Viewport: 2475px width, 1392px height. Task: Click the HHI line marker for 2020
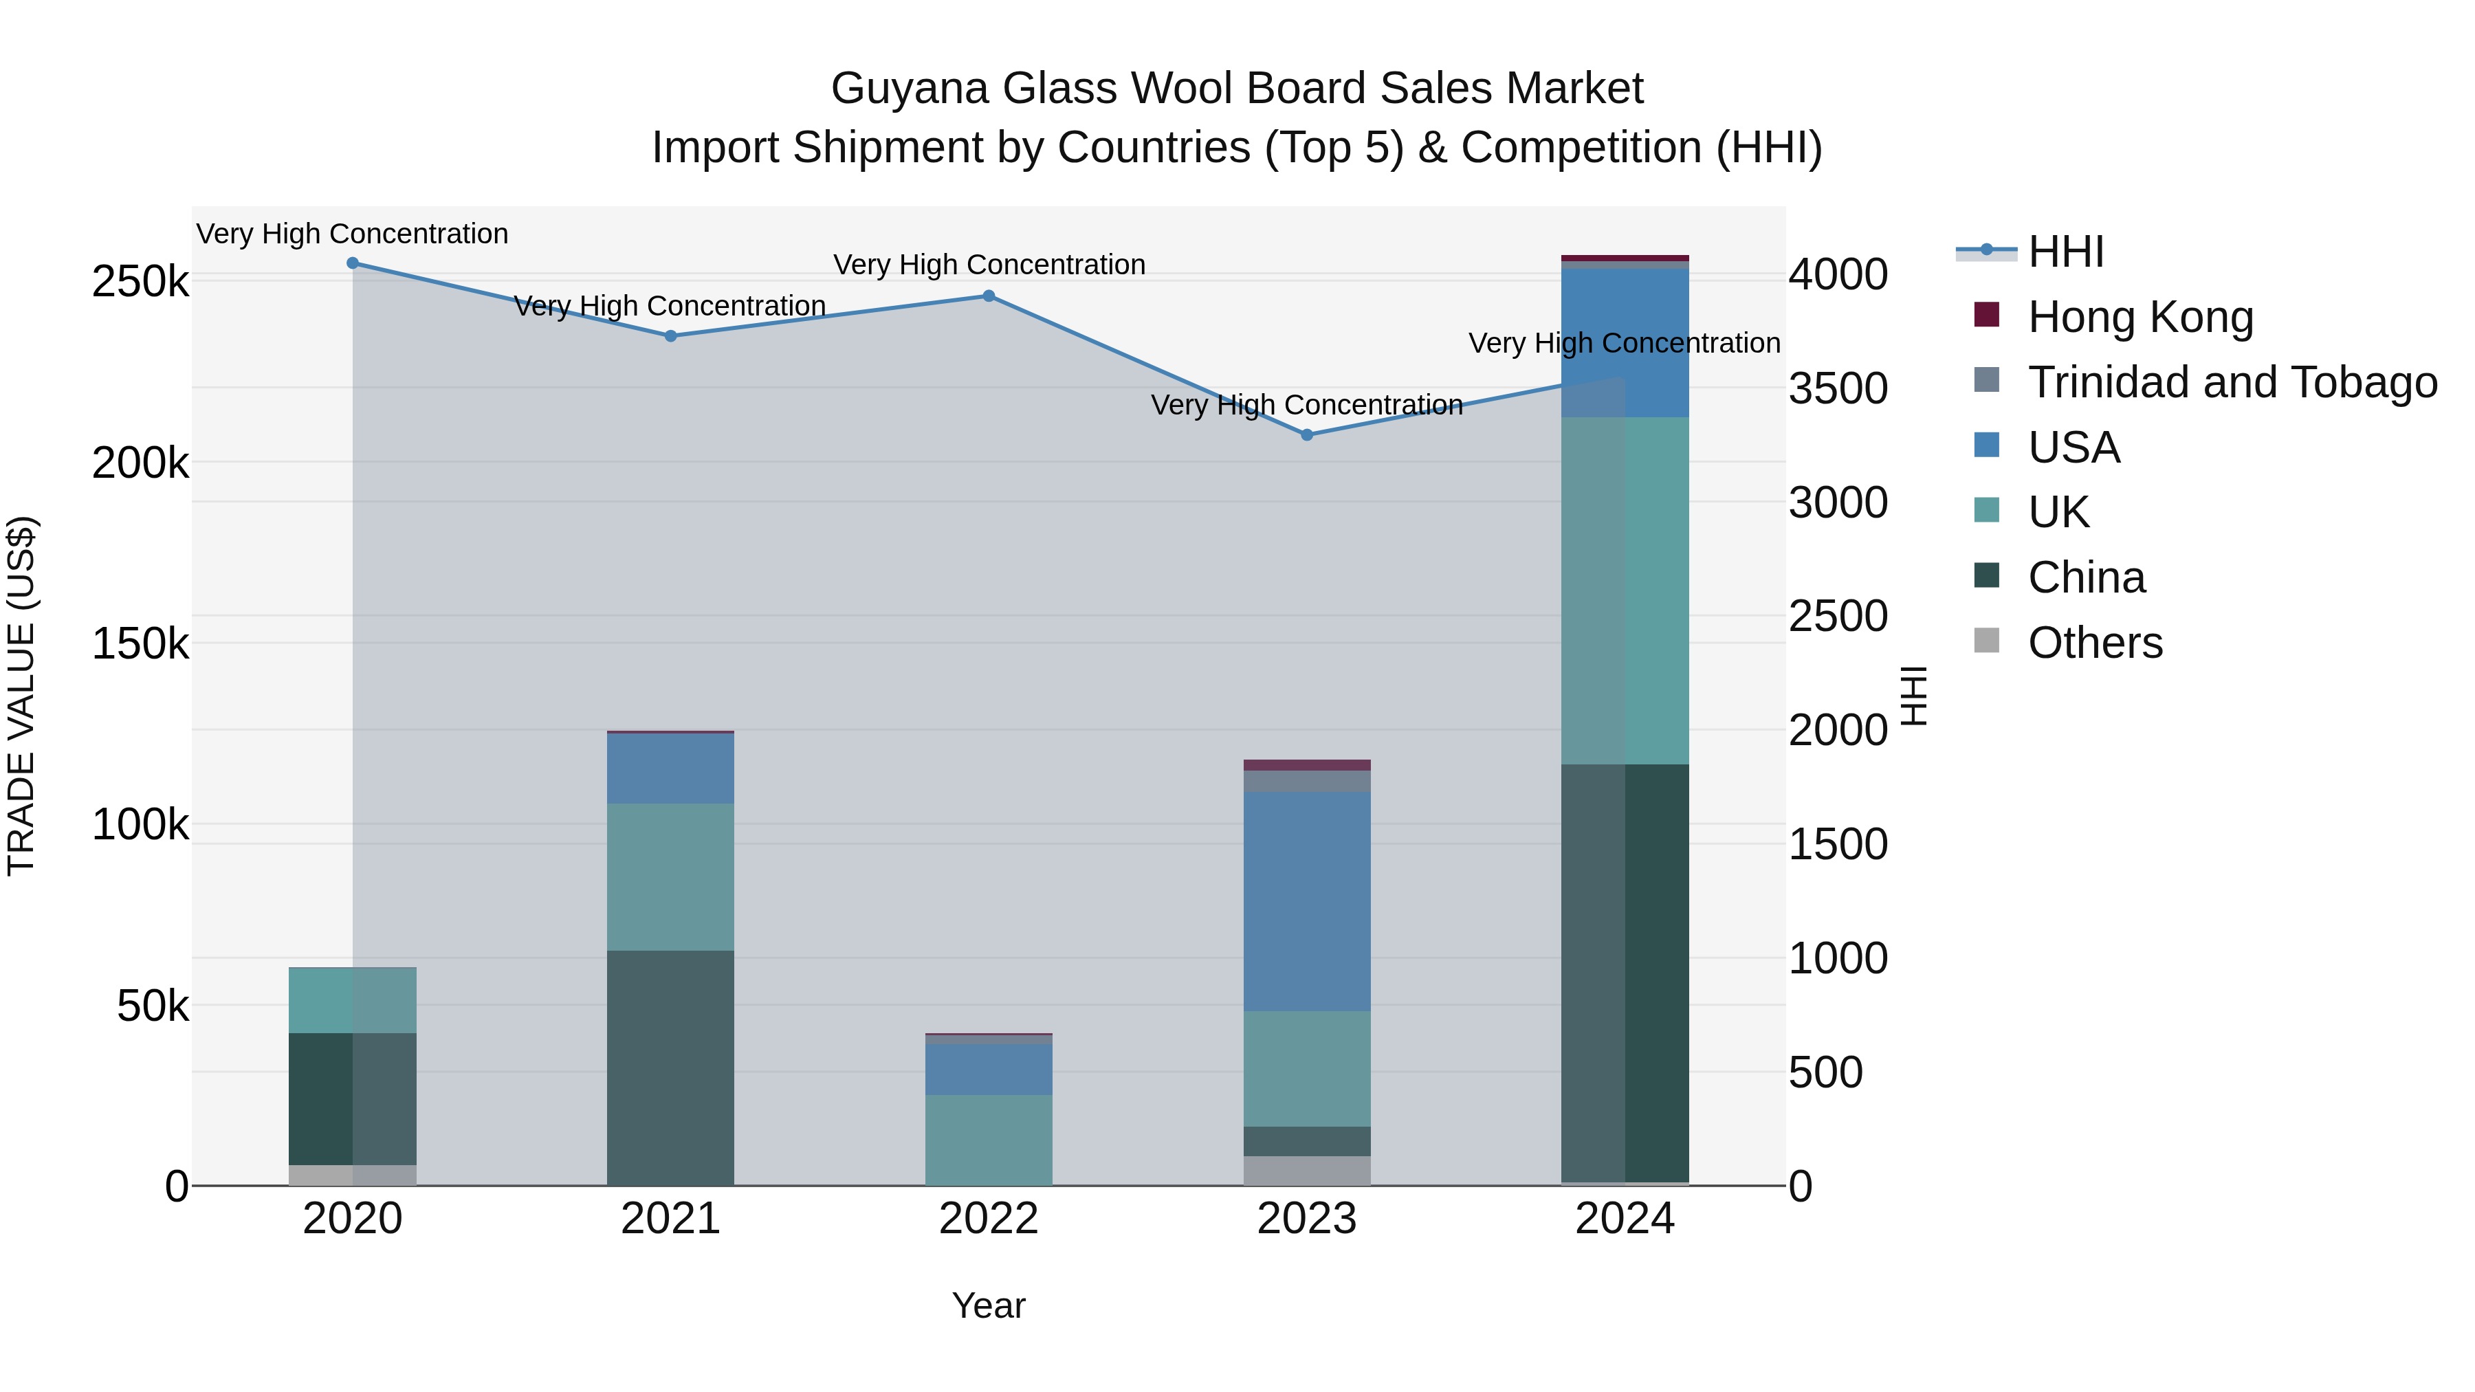353,263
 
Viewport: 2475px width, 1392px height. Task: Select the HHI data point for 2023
1307,435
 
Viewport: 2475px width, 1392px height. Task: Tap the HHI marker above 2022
989,296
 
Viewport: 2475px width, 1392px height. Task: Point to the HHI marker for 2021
670,336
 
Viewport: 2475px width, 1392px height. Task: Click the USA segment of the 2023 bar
1307,901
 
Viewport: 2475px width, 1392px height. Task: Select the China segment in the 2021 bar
670,1068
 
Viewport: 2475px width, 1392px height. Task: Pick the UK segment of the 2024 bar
1625,590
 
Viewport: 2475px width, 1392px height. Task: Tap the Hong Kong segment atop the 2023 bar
1307,764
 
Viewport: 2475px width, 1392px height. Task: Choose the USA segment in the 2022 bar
989,1069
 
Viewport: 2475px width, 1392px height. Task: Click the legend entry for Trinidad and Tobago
2232,382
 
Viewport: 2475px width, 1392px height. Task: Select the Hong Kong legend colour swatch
1986,314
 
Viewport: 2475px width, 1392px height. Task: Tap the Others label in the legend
2095,643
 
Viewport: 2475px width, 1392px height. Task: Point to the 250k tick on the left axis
140,283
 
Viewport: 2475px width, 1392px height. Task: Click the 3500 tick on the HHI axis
1838,389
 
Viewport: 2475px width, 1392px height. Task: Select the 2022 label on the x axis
989,1219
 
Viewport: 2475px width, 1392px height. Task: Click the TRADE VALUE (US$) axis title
21,696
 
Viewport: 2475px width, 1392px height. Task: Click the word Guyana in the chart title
909,89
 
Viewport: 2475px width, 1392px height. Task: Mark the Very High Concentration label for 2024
1624,343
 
